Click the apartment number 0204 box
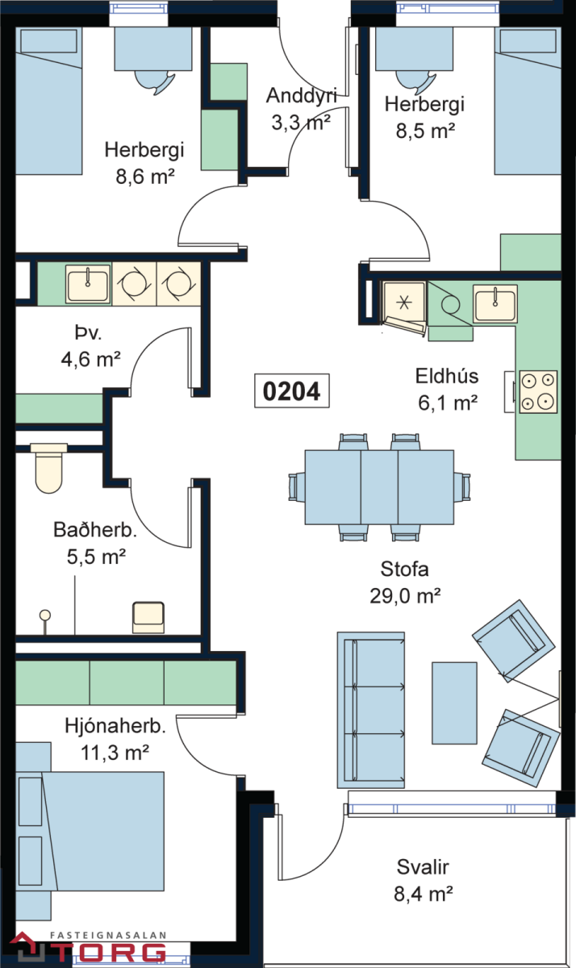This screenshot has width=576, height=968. click(291, 391)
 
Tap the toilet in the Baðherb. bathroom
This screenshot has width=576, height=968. click(48, 469)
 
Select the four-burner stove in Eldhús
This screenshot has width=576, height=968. click(537, 391)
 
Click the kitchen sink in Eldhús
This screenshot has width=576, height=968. click(495, 304)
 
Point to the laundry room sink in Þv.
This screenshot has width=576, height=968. click(87, 284)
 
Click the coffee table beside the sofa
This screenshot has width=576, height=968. click(454, 696)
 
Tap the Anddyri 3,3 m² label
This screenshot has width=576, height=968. click(300, 109)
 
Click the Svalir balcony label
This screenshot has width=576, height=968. click(423, 880)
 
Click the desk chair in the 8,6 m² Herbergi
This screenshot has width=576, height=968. click(153, 79)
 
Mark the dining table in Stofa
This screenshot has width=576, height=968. click(379, 486)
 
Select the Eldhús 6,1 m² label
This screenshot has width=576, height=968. click(447, 389)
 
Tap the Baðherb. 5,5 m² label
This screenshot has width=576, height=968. click(95, 542)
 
